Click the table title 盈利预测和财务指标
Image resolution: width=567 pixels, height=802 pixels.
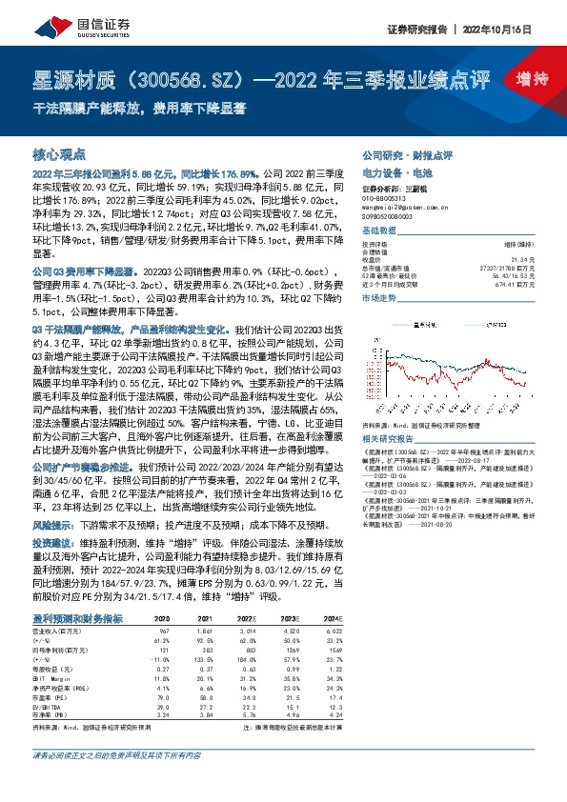click(x=77, y=618)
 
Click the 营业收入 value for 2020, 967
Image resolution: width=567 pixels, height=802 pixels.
click(x=163, y=632)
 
